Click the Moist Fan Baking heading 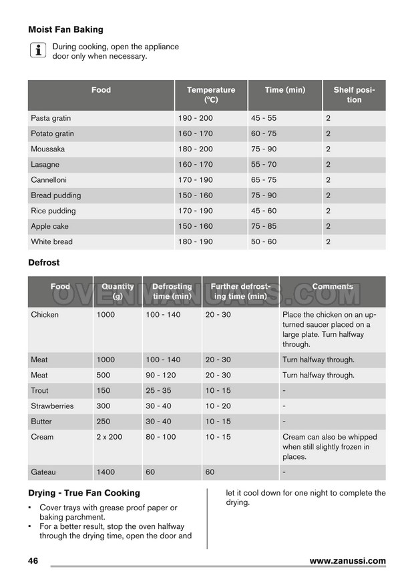[x=65, y=29]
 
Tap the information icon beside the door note [x=38, y=51]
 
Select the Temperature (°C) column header [x=211, y=95]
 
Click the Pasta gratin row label [x=51, y=118]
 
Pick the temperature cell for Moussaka [x=195, y=149]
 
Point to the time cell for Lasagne [x=264, y=164]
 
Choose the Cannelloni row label [x=49, y=179]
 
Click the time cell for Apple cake [x=264, y=226]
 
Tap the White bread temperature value [x=195, y=241]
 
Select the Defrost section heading [x=43, y=263]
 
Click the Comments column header [x=333, y=287]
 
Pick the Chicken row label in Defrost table [x=45, y=315]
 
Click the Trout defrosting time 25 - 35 [x=158, y=390]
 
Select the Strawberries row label [x=52, y=406]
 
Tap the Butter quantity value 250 [x=103, y=421]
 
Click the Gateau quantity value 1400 [x=106, y=472]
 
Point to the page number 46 [x=33, y=561]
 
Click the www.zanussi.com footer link [x=347, y=561]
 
